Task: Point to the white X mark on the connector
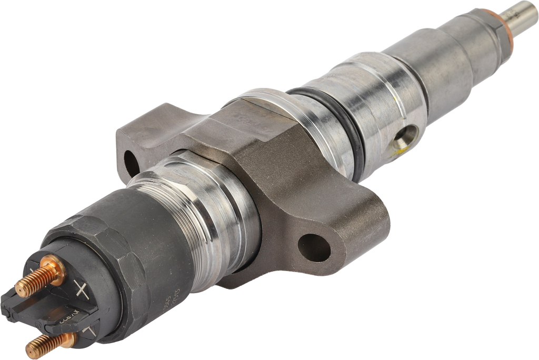pyautogui.click(x=81, y=288)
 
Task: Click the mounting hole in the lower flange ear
pyautogui.click(x=314, y=247)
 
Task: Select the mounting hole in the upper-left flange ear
pyautogui.click(x=131, y=163)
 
